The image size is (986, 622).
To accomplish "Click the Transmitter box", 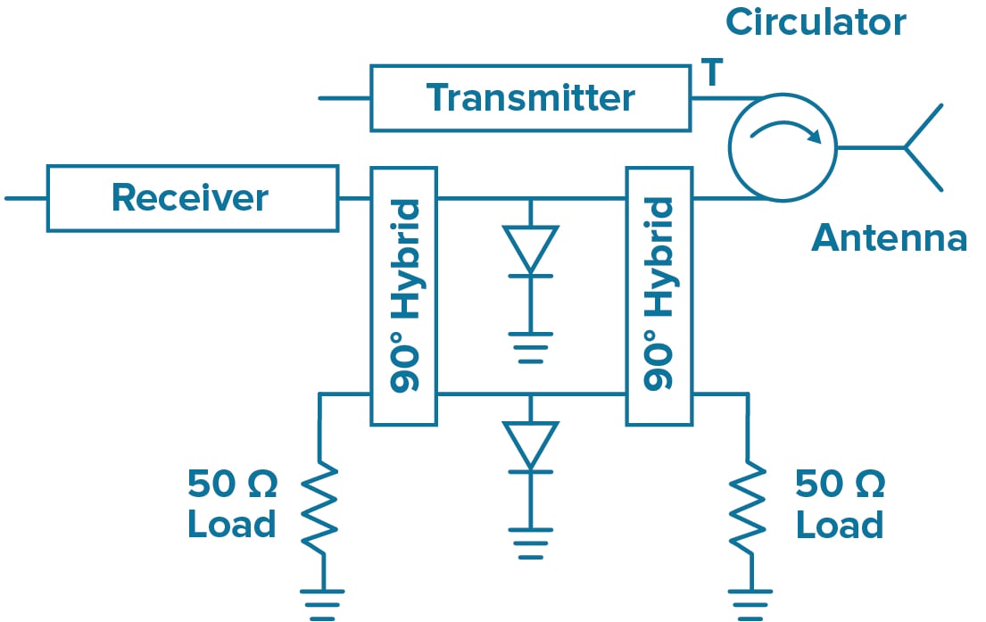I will [x=530, y=97].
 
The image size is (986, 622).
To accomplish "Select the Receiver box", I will [x=192, y=197].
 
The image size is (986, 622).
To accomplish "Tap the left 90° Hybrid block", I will [x=403, y=294].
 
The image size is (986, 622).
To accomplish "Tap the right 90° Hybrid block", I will [x=659, y=294].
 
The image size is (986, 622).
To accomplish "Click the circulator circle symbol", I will [x=783, y=147].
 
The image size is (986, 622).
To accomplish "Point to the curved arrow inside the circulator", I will [x=784, y=133].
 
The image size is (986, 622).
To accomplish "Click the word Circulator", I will [x=816, y=22].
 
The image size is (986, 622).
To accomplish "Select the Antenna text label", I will [x=889, y=238].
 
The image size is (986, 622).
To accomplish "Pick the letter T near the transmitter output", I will [x=711, y=74].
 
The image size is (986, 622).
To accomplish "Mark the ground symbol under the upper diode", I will [x=530, y=350].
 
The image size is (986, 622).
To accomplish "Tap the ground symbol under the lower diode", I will [x=530, y=543].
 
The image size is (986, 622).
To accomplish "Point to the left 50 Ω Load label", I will [x=232, y=504].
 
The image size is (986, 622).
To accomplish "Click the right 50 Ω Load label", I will [x=840, y=504].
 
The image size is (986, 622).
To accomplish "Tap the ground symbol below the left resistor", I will [x=322, y=602].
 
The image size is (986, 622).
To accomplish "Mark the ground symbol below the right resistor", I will [x=748, y=602].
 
